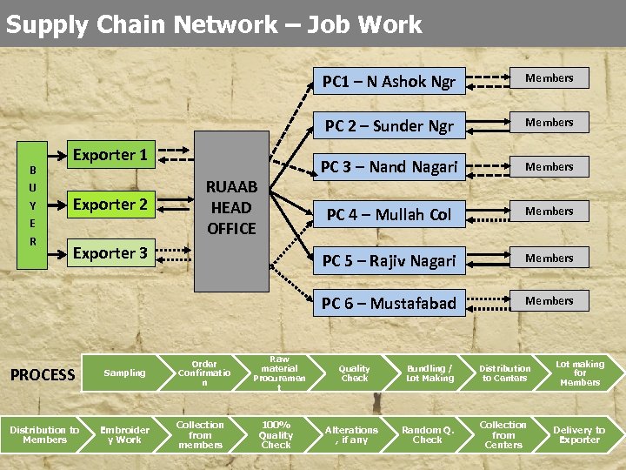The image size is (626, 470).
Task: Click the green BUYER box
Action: click(x=33, y=205)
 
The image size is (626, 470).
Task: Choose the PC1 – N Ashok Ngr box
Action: click(x=389, y=82)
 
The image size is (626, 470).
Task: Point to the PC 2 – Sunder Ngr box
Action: click(x=389, y=125)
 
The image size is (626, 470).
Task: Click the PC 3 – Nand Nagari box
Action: click(x=389, y=166)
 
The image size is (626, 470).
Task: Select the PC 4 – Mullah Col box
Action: click(x=389, y=214)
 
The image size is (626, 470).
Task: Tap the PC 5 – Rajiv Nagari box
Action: click(x=389, y=260)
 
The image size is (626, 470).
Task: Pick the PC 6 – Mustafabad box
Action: click(x=389, y=303)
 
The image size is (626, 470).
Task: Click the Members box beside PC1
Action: click(x=549, y=78)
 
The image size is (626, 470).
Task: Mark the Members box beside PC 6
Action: click(x=549, y=301)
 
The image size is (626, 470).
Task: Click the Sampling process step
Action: click(x=125, y=373)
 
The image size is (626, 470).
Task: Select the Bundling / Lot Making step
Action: click(x=430, y=373)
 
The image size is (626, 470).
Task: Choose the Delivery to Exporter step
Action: click(x=579, y=434)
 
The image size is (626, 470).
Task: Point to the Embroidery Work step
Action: click(x=124, y=434)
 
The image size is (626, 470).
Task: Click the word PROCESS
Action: click(x=43, y=375)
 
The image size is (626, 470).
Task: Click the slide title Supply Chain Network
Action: click(x=213, y=24)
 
